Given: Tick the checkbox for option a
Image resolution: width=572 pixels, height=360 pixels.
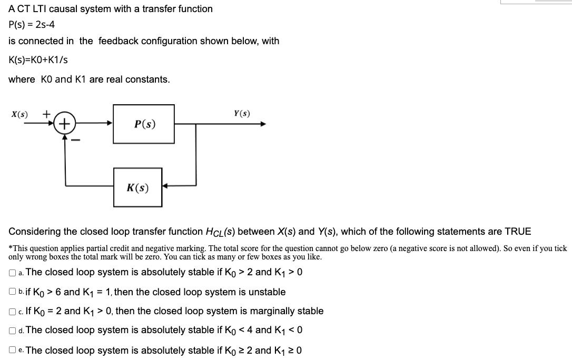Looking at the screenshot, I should (12, 273).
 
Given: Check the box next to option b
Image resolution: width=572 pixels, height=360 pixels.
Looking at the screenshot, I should (12, 292).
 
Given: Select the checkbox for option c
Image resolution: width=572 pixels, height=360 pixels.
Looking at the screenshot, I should (12, 312).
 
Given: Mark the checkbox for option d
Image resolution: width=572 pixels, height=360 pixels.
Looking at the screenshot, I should (12, 331).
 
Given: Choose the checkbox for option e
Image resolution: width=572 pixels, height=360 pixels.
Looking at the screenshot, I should (12, 351).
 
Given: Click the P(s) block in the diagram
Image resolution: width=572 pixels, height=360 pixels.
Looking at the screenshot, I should (144, 124).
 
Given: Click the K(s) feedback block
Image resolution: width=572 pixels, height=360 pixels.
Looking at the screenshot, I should (137, 187).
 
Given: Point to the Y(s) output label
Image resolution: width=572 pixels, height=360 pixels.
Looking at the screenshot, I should (242, 113).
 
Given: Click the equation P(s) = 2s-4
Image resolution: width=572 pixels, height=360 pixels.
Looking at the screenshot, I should (32, 25).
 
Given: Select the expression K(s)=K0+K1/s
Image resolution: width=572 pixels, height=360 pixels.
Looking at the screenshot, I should (38, 60).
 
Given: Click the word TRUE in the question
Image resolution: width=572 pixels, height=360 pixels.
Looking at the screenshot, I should (518, 232).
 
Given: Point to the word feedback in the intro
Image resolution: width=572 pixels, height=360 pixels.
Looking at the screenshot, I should (117, 41).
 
